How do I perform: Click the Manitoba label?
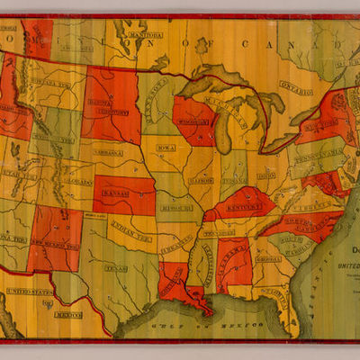145,36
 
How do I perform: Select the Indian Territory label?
131,229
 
